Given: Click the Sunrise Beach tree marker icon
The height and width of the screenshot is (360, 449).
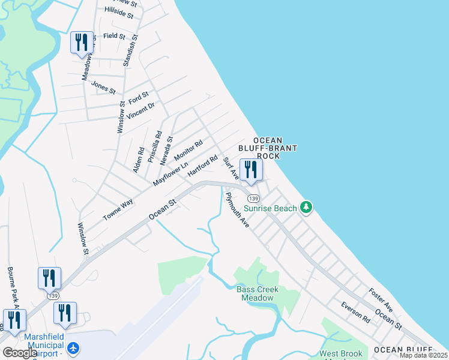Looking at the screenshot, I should click(307, 208).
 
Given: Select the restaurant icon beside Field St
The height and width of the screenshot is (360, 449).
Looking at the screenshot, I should click(82, 43).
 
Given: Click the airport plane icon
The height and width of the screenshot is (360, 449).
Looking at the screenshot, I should click(73, 347).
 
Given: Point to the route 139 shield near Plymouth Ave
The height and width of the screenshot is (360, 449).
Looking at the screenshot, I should click(253, 198).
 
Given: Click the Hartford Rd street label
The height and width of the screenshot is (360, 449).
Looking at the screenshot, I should click(202, 166).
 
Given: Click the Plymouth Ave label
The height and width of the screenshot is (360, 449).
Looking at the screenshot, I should click(238, 209).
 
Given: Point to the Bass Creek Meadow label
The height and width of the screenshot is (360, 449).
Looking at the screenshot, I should click(258, 294).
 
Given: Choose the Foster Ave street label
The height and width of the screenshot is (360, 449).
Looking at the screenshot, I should click(381, 300).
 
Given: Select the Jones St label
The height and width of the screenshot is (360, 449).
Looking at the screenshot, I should click(103, 87).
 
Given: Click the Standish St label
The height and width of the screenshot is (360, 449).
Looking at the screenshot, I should click(135, 45).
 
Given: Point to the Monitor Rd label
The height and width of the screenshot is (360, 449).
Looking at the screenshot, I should click(188, 150).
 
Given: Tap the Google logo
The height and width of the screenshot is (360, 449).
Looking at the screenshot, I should click(20, 353).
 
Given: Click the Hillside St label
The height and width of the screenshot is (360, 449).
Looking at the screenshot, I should click(119, 13).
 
